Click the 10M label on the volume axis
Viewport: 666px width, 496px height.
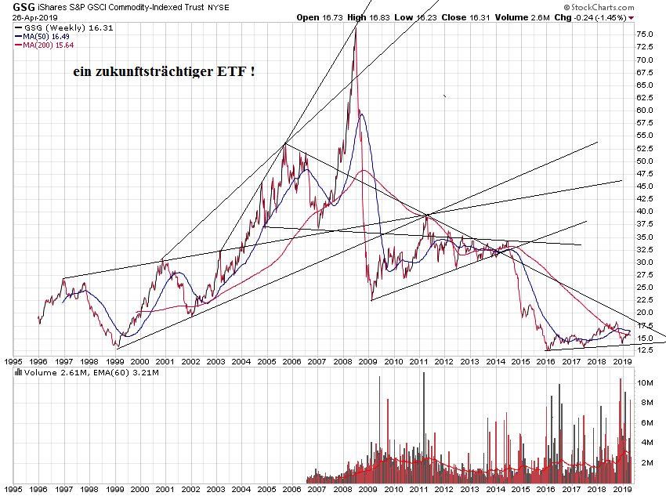click(646, 382)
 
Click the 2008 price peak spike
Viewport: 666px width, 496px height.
click(356, 29)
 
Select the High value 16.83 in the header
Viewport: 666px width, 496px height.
click(380, 16)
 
